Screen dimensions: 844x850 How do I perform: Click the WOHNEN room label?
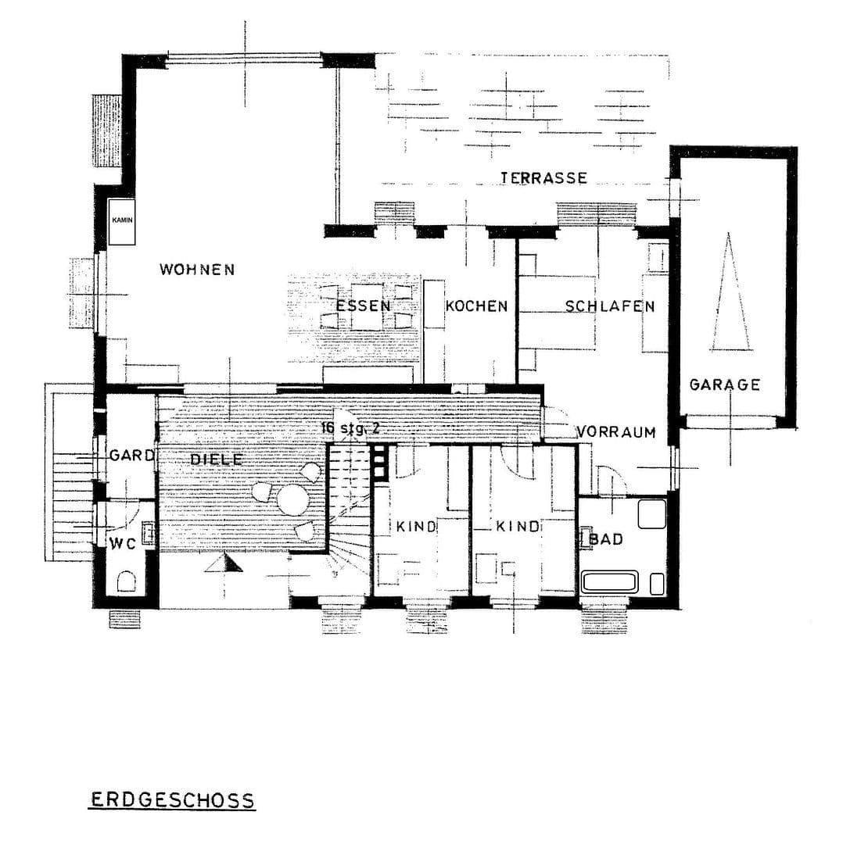click(x=197, y=270)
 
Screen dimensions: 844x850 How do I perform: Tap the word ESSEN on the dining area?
click(x=363, y=306)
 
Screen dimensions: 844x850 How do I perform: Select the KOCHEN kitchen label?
click(x=476, y=306)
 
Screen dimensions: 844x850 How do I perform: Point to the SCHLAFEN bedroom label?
click(x=610, y=306)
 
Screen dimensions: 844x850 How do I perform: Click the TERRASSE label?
click(x=543, y=178)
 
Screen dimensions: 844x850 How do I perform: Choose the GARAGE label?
click(x=724, y=384)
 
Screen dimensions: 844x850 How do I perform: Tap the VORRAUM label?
click(x=616, y=432)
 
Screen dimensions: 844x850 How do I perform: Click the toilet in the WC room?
click(x=126, y=581)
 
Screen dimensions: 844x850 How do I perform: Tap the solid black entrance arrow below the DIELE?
click(x=222, y=563)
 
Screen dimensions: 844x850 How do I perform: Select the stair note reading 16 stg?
click(x=349, y=427)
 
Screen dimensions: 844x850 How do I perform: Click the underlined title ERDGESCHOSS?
click(x=171, y=800)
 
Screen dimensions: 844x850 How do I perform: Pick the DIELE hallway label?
click(x=216, y=460)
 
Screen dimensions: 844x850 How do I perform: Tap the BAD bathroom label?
click(x=607, y=539)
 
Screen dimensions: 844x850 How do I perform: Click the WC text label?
click(x=123, y=544)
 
